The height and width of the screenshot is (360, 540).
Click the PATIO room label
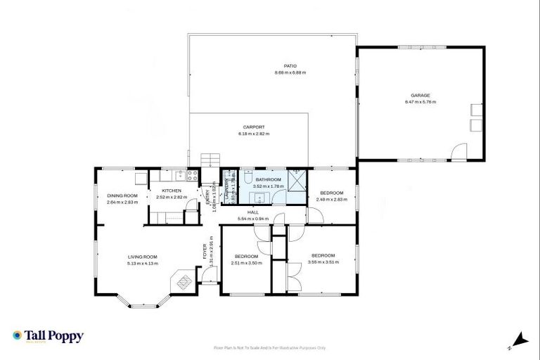click(290, 66)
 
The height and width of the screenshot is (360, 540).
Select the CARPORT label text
click(254, 127)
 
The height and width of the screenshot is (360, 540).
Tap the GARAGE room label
click(420, 96)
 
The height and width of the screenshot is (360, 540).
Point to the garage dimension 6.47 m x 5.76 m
click(420, 103)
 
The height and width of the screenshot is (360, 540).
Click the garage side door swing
click(458, 151)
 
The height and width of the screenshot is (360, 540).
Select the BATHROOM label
click(268, 180)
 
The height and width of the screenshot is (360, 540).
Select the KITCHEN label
click(172, 191)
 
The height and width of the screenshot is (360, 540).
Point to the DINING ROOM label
click(122, 195)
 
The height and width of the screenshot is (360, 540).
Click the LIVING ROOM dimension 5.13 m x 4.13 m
click(143, 264)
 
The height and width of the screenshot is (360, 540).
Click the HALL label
click(253, 212)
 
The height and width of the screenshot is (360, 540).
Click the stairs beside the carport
click(210, 160)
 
